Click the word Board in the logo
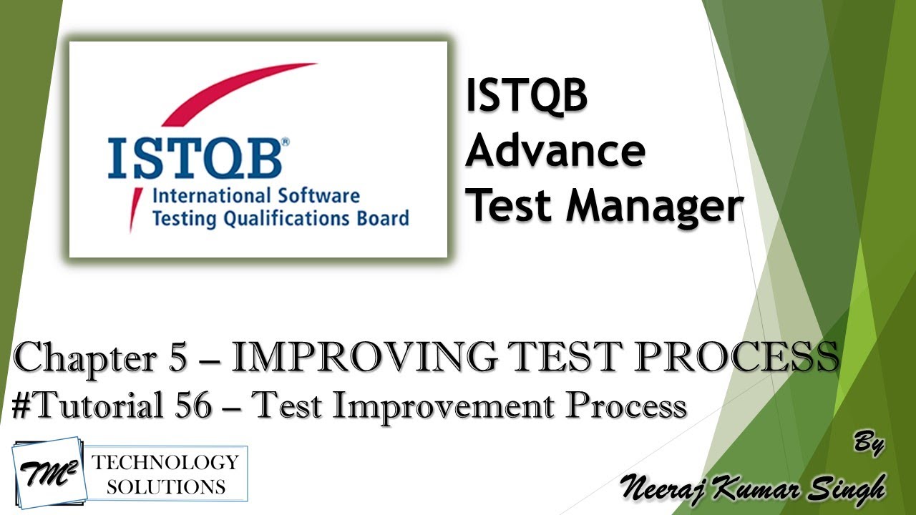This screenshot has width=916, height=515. coord(383,218)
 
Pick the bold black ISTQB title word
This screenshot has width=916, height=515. coord(526,97)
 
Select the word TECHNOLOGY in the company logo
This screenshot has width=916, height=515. coord(165,462)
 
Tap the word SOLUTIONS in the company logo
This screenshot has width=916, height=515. coord(165,487)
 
